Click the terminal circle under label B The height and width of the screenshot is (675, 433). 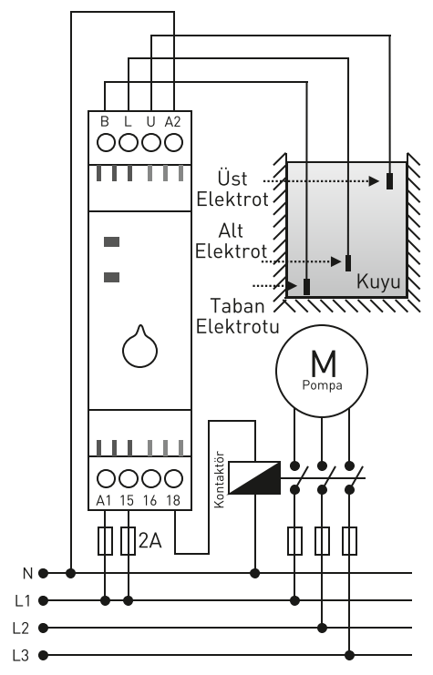(106, 142)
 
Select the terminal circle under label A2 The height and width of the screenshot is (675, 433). (173, 142)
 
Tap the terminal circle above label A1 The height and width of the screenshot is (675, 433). (106, 478)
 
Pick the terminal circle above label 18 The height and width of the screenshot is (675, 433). (173, 478)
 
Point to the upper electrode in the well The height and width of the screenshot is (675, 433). (389, 180)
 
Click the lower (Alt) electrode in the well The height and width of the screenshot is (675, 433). (348, 262)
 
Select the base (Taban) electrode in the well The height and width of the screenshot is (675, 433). (307, 287)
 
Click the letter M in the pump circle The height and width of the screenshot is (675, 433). (323, 363)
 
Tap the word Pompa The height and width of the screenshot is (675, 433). (323, 384)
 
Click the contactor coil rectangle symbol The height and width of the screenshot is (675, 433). (254, 477)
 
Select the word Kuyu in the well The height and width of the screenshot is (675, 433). (378, 282)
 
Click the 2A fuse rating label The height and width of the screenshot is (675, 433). (149, 540)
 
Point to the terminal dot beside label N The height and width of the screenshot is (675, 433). (43, 573)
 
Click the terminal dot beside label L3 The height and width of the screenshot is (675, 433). (43, 655)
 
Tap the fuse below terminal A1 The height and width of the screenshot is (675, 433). (106, 540)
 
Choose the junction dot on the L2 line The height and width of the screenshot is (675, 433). (322, 628)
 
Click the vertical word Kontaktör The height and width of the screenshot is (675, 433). (220, 479)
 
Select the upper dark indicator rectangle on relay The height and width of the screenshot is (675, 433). (111, 242)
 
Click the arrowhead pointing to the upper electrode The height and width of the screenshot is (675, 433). (374, 181)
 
